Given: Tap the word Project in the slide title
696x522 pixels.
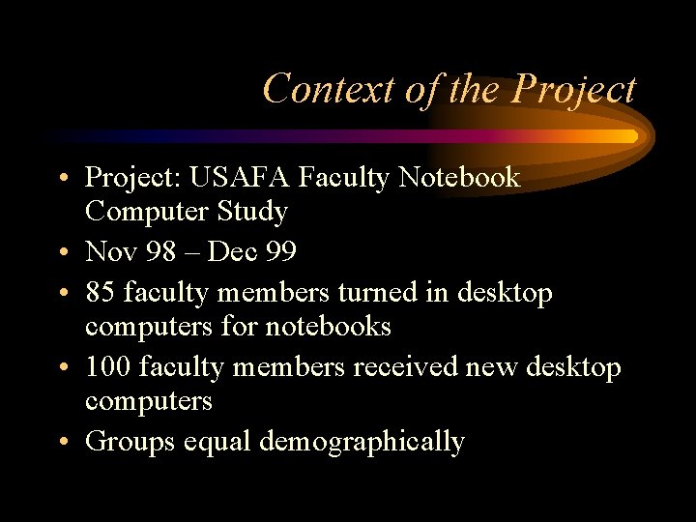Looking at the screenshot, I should pos(575,89).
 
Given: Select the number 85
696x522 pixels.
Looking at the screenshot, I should pos(101,292).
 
